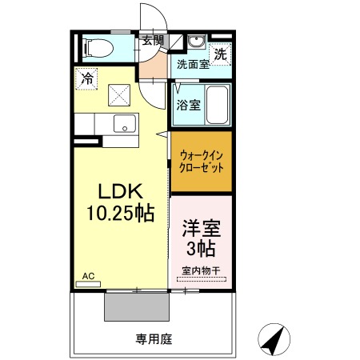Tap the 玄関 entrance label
coord(152,40)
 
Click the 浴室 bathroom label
coord(188,104)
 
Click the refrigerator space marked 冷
coord(87,79)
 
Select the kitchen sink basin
coord(123,124)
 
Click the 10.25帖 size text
coord(120,214)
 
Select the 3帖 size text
coord(201,246)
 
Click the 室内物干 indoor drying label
coord(201,270)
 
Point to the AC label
coord(88,276)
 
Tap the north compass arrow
coord(275,340)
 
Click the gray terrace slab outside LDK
coord(137,306)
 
